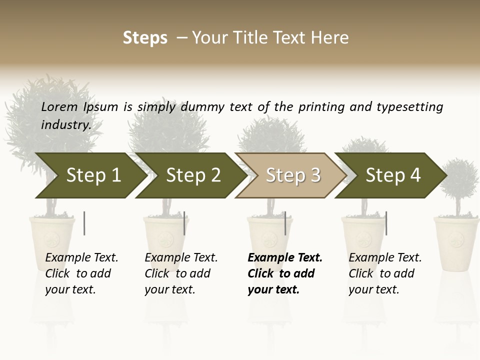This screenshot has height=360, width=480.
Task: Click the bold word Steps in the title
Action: pyautogui.click(x=145, y=38)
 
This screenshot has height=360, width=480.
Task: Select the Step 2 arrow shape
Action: pyautogui.click(x=190, y=175)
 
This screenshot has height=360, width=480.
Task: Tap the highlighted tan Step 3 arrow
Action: pyautogui.click(x=290, y=175)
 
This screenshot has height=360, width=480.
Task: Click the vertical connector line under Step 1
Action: pyautogui.click(x=84, y=223)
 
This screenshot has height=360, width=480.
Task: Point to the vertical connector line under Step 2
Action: pyautogui.click(x=184, y=223)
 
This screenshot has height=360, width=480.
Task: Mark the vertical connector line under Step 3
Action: pyautogui.click(x=285, y=223)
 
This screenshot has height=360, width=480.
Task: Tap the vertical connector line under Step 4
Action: pyautogui.click(x=386, y=223)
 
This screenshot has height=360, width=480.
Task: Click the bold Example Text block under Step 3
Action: pyautogui.click(x=285, y=273)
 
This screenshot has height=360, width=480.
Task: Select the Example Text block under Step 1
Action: pyautogui.click(x=81, y=273)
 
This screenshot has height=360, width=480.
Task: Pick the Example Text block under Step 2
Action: pyautogui.click(x=181, y=273)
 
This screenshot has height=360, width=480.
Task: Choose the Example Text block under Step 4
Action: pyautogui.click(x=385, y=273)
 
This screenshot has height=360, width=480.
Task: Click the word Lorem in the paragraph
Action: pyautogui.click(x=59, y=106)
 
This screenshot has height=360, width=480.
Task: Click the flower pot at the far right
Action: pyautogui.click(x=456, y=242)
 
